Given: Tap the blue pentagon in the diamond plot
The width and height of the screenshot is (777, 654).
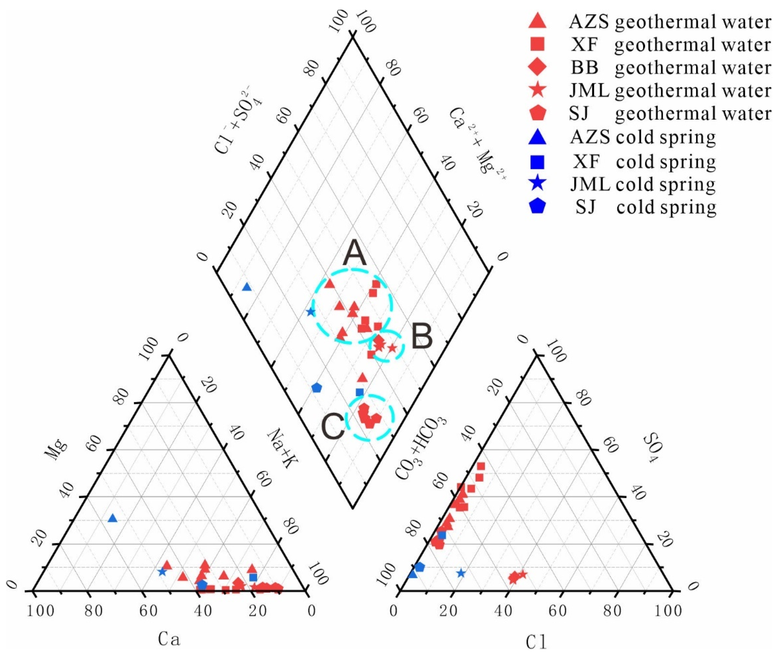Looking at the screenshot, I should [316, 388].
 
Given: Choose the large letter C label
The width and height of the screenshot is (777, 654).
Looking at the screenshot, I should [333, 427].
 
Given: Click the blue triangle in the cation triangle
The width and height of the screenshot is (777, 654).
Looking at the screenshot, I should [112, 518].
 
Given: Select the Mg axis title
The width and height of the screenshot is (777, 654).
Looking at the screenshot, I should [55, 450].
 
